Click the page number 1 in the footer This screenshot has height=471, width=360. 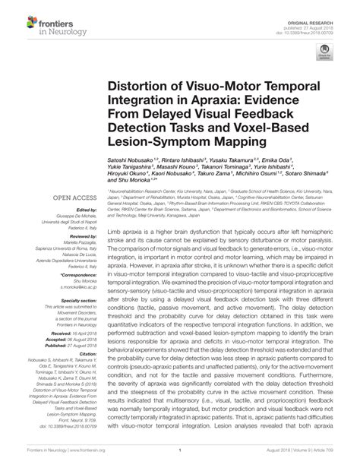pos(179,460)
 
